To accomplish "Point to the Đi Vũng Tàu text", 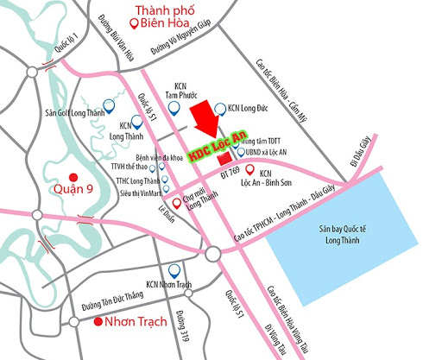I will (x=275, y=333).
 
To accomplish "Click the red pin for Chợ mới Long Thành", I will (x=177, y=204).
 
